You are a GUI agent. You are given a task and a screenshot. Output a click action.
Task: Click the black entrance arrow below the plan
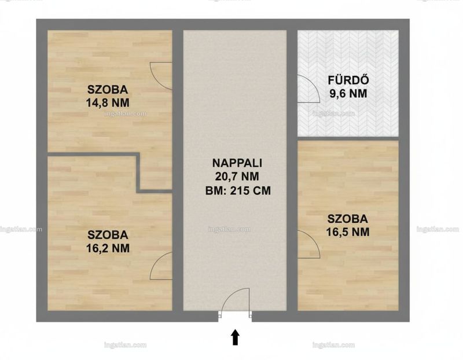[235, 337]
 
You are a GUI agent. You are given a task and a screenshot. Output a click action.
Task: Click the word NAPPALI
[237, 163]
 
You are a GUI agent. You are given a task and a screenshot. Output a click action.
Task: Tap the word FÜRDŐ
[348, 80]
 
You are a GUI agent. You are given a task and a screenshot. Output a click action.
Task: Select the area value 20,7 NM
[237, 177]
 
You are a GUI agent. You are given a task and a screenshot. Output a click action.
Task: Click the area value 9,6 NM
[348, 94]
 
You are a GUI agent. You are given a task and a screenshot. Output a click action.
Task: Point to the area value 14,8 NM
[108, 103]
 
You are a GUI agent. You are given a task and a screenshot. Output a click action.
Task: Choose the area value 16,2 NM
[108, 248]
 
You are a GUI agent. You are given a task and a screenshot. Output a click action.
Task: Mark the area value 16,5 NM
[348, 232]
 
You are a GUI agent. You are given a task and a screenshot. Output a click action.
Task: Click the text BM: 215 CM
[238, 190]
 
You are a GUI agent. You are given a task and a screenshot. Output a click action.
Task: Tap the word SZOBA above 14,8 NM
[108, 89]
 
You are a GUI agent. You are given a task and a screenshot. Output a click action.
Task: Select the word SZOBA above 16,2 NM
[108, 235]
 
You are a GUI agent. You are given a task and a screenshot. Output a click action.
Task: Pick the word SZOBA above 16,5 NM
[348, 219]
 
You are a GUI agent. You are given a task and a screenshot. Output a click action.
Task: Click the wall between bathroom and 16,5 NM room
[348, 138]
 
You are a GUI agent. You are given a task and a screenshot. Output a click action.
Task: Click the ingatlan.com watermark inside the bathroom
[333, 113]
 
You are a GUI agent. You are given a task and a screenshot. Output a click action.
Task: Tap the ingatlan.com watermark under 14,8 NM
[125, 113]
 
